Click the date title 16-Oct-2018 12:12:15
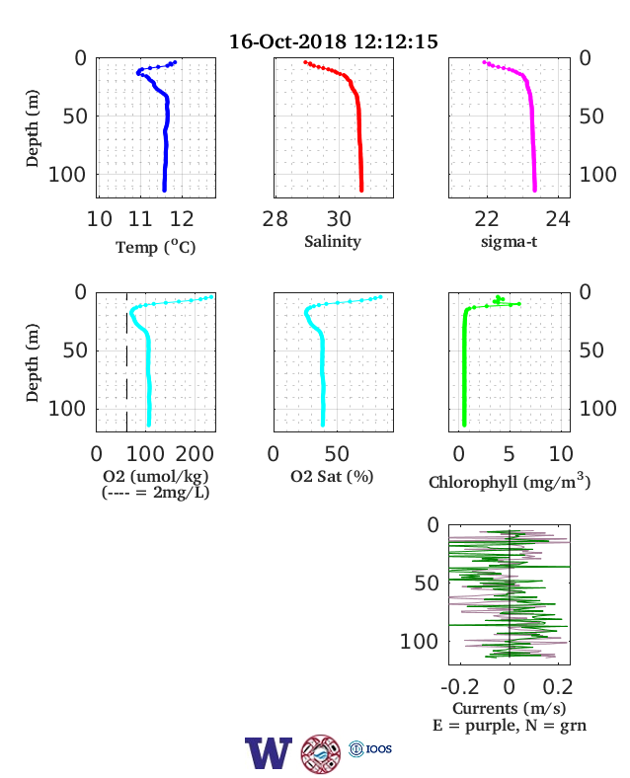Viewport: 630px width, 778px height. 334,41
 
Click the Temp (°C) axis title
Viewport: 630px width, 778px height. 156,247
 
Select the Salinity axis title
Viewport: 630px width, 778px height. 333,242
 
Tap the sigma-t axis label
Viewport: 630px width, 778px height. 509,242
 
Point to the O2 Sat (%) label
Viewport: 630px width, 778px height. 332,476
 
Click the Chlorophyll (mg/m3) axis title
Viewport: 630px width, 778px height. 510,481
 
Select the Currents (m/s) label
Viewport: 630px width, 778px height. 509,708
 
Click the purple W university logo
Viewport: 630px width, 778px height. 268,752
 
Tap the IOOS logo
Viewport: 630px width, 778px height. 370,748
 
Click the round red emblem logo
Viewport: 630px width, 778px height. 321,754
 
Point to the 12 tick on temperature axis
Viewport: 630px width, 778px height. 182,219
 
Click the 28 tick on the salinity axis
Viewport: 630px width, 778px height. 275,219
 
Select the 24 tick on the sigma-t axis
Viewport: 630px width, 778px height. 558,219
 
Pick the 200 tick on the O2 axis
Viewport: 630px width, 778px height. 195,453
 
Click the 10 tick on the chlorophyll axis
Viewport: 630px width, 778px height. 561,453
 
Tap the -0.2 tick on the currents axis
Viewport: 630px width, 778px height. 460,687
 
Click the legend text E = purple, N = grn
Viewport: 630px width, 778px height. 510,726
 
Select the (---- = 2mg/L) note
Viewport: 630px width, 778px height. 156,493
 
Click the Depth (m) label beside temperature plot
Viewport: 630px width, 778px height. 32,128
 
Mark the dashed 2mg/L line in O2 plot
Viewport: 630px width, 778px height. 127,362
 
